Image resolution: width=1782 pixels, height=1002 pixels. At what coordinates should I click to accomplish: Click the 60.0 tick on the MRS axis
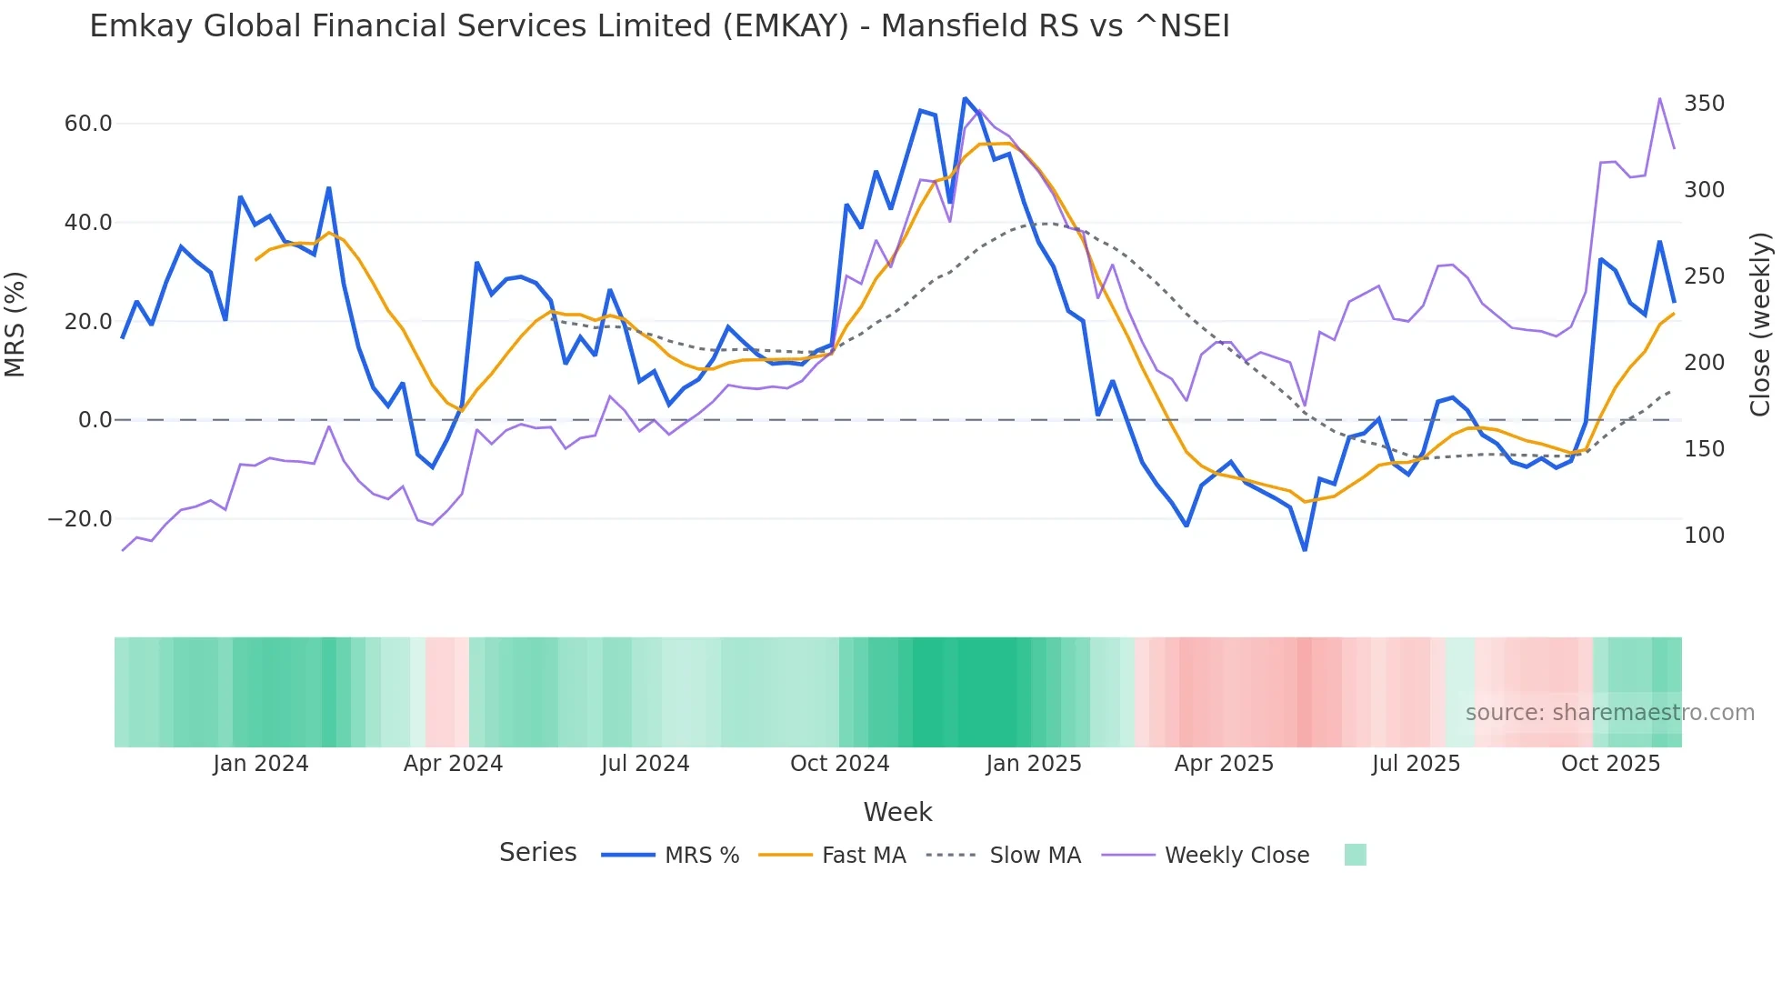(87, 124)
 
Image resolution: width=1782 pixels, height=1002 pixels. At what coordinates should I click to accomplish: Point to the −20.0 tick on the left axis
(80, 519)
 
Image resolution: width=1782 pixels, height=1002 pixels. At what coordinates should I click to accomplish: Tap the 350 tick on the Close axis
(1704, 104)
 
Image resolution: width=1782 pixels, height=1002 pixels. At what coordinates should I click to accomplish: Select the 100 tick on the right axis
(1704, 536)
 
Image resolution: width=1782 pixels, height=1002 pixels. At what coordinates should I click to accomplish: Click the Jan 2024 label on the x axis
(261, 764)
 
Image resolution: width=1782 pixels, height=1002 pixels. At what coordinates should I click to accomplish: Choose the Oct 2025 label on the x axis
(1610, 764)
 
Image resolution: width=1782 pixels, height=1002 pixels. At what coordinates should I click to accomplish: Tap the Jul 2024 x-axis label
(645, 764)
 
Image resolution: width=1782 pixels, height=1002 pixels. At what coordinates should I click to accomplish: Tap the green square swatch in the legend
(1355, 855)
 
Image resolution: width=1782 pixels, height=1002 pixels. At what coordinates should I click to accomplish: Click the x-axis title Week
(897, 812)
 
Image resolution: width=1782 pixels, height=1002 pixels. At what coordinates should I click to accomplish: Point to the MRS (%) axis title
(15, 324)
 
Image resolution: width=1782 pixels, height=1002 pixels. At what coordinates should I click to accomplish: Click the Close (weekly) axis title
(1760, 324)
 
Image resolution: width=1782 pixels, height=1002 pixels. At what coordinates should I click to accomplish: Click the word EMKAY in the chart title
(791, 26)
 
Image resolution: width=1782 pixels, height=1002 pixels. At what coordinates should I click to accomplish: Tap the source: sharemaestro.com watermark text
(1609, 713)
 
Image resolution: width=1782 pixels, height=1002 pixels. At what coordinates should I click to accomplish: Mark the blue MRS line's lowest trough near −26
(1305, 549)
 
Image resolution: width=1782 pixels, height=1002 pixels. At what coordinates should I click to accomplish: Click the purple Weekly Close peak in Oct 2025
(1659, 98)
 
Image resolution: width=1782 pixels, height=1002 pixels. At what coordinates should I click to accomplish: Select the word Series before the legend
(537, 853)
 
